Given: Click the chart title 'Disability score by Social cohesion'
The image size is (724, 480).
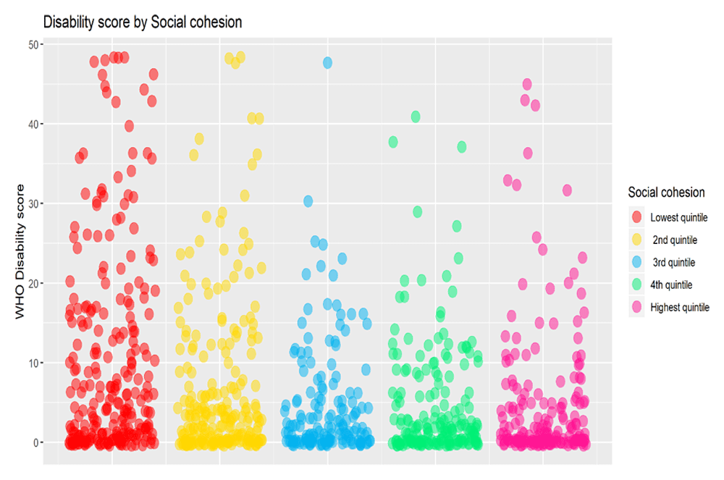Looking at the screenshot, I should pos(142,22).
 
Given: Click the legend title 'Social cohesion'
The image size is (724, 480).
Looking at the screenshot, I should pos(666,193).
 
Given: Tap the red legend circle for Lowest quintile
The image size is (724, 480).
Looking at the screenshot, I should pos(637,217).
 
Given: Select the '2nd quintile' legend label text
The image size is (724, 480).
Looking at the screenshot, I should pos(675,240).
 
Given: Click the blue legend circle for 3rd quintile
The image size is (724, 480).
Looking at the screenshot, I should pos(637,262).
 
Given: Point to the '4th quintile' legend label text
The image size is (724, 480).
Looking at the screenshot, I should pos(671,285).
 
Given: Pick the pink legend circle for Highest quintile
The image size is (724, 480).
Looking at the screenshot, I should pos(637,307).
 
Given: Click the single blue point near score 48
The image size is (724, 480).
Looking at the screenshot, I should pos(327,63).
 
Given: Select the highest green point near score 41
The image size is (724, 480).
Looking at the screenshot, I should pos(416,117).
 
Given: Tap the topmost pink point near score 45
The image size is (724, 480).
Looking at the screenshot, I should pos(527,85).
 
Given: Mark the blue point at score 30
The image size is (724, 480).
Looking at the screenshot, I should pos(308,201).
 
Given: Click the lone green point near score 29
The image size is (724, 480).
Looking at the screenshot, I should pos(417,211).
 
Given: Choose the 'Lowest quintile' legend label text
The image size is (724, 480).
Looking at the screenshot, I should pos(678,217).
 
